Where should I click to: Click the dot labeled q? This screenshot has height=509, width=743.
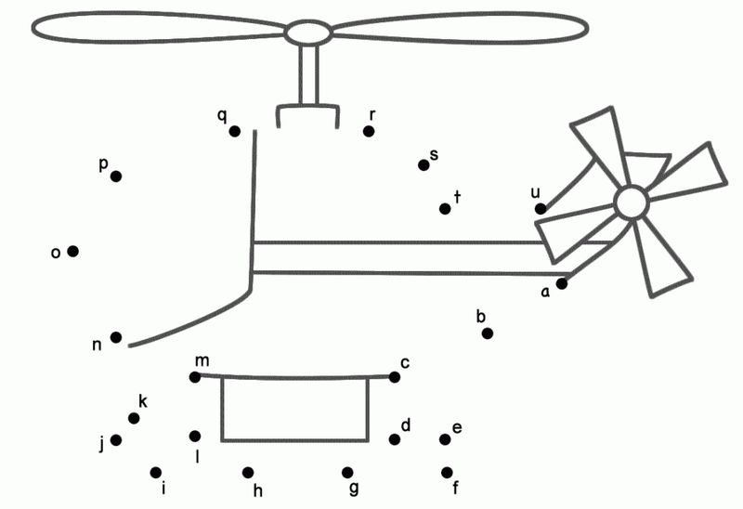coord(235,131)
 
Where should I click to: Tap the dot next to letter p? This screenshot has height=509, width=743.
coord(116,176)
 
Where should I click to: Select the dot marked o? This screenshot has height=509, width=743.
coord(73,251)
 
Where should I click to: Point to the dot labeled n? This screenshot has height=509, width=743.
coord(116,337)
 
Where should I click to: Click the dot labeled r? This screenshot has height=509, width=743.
coord(369,131)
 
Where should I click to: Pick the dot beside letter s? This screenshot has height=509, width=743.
coord(424,165)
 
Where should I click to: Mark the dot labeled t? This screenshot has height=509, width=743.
coord(445,209)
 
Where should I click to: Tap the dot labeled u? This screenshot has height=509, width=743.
coord(541,209)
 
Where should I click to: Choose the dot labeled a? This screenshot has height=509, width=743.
coord(562,283)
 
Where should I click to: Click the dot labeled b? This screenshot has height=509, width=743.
coord(487,333)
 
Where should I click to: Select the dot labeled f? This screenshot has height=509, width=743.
coord(447,473)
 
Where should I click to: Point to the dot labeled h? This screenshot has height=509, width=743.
coord(248,473)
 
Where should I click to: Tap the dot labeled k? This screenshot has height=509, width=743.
coord(134,418)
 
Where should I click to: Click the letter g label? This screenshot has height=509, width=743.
coord(354,489)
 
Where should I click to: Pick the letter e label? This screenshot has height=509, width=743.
coord(457,428)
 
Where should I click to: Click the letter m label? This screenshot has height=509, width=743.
coord(202,361)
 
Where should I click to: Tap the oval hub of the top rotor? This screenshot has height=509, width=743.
coord(308,33)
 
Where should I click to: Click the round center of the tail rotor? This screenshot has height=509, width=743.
coord(632,202)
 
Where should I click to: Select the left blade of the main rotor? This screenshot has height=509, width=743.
coord(159,27)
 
